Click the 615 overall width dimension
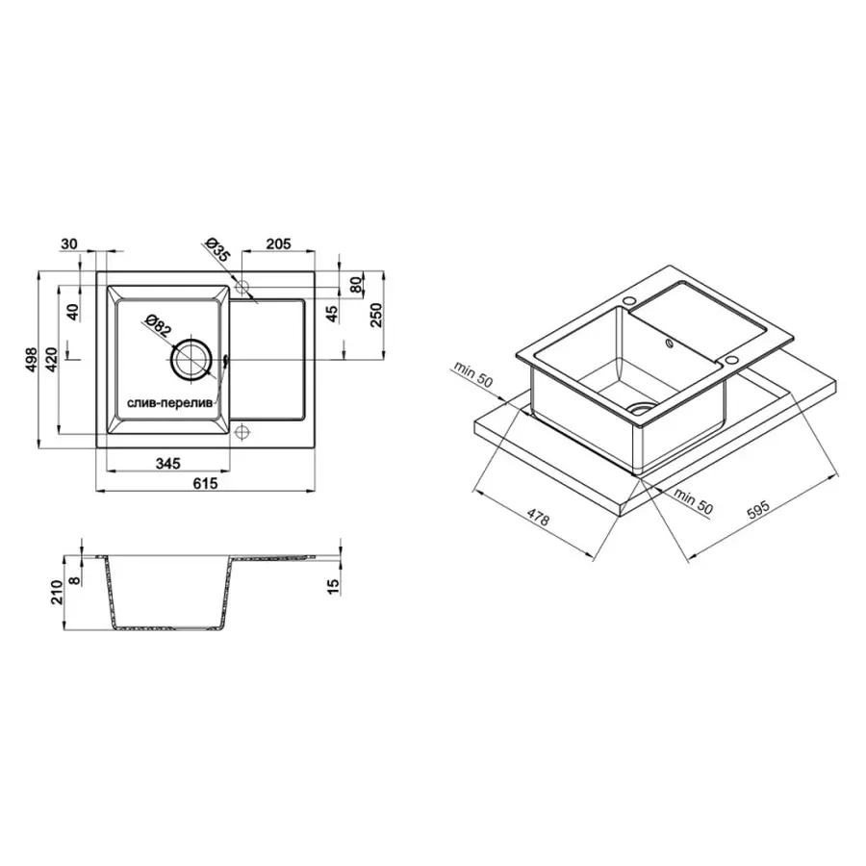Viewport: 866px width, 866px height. [x=206, y=483]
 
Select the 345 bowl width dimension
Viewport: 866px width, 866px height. [x=167, y=464]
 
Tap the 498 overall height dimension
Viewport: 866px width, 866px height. [x=31, y=359]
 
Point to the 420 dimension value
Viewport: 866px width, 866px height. [x=51, y=359]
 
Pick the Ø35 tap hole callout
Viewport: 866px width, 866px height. [x=216, y=248]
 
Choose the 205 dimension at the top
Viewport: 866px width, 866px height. [x=278, y=243]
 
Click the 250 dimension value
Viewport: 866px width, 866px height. [x=376, y=316]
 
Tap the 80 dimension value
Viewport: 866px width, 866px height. [x=356, y=285]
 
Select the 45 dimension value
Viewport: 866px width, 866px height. [x=331, y=315]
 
